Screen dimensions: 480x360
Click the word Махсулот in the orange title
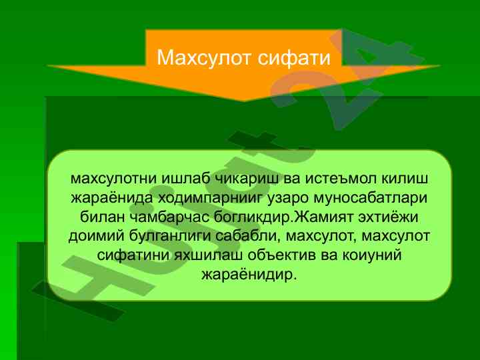(204, 57)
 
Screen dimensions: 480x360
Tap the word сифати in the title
(294, 57)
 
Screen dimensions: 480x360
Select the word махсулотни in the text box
(113, 179)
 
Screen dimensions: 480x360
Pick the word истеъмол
(341, 179)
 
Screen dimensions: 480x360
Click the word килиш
(405, 179)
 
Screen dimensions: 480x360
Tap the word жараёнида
(112, 198)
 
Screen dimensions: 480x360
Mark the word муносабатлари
(371, 199)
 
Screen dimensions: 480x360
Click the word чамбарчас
(170, 217)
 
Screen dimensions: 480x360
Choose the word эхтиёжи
(388, 217)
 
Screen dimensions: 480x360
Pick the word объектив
(281, 255)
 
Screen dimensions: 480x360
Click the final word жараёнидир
(249, 275)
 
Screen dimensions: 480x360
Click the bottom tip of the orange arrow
(244, 101)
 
